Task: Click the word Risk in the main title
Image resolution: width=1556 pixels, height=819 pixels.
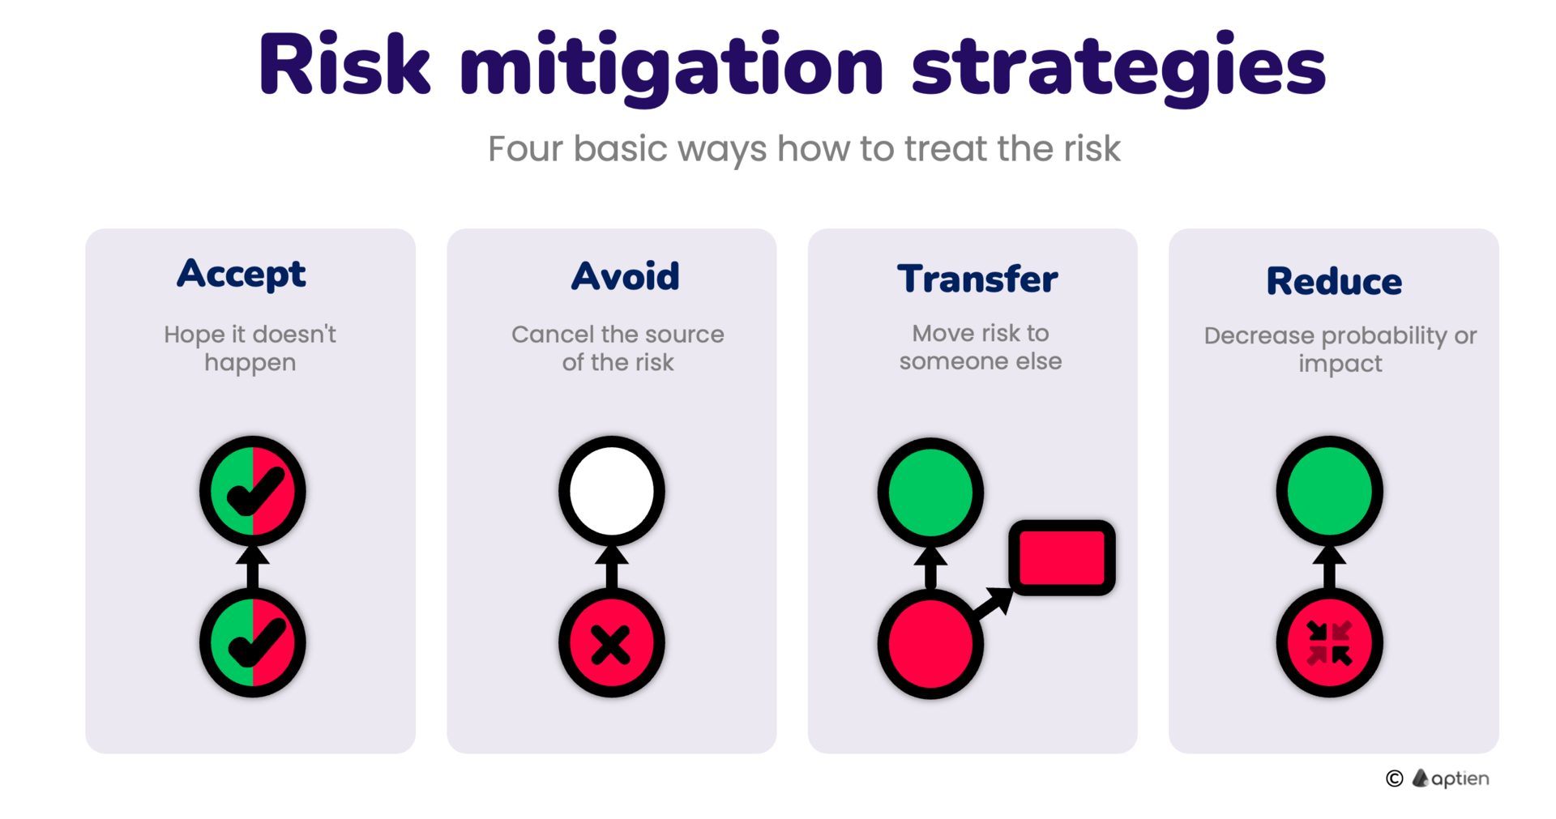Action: click(344, 65)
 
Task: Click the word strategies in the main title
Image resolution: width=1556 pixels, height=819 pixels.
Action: click(1119, 69)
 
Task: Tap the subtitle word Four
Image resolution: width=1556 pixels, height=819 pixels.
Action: click(525, 149)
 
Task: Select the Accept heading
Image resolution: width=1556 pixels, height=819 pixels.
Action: click(242, 274)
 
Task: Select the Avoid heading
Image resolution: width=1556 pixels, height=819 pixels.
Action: click(626, 276)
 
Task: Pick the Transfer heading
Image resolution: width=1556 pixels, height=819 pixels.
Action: click(977, 279)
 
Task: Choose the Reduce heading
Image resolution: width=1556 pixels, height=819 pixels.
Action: click(1334, 281)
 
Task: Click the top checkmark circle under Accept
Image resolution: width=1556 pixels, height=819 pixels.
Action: click(253, 491)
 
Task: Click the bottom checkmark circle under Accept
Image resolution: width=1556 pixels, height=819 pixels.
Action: click(253, 642)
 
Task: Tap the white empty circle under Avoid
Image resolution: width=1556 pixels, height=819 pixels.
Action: click(612, 491)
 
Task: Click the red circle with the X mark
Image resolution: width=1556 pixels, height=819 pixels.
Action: click(612, 643)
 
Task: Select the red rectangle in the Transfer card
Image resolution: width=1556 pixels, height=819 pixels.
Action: click(1062, 557)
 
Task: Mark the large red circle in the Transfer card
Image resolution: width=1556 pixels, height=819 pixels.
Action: click(930, 644)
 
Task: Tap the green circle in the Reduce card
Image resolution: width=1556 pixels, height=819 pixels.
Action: click(1330, 491)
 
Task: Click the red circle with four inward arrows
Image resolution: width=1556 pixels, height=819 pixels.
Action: click(1330, 643)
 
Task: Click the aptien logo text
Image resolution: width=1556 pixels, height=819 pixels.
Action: click(1460, 779)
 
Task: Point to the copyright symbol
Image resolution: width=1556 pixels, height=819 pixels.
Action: click(1394, 778)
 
